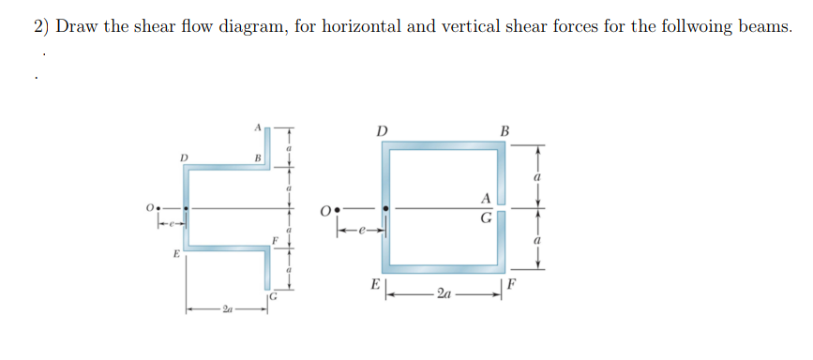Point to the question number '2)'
[x=40, y=26]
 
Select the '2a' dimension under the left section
[x=226, y=309]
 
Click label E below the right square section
[x=376, y=285]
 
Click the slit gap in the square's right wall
[x=502, y=208]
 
